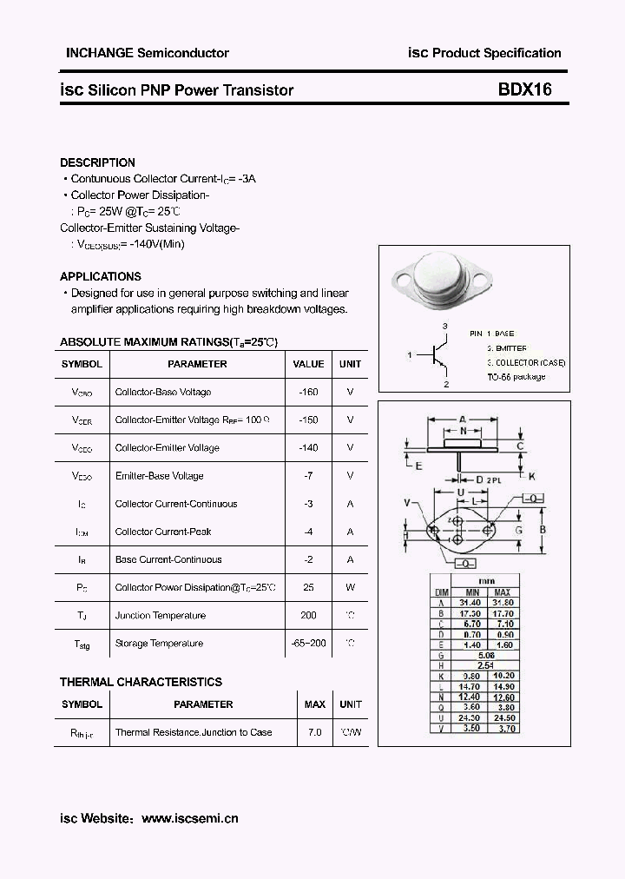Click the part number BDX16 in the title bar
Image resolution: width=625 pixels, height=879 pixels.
pos(525,89)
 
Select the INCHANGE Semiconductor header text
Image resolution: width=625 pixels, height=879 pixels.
pos(148,53)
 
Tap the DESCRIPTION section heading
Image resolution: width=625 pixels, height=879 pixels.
pos(97,162)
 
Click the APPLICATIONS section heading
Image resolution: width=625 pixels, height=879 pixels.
pos(100,276)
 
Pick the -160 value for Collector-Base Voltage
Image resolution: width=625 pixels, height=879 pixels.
pos(308,393)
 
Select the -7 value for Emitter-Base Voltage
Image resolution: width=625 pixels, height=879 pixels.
pos(308,476)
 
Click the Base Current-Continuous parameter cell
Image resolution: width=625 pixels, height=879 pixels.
pos(168,559)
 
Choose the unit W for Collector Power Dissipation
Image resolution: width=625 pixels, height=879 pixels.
pos(350,587)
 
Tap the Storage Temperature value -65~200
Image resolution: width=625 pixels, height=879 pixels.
pos(308,644)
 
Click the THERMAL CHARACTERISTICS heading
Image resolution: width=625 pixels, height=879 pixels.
pos(141,682)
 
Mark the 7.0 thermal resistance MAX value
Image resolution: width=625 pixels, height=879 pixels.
pos(313,732)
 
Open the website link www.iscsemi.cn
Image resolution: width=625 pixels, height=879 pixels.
pos(189,817)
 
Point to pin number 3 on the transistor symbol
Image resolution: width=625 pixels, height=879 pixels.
pos(444,326)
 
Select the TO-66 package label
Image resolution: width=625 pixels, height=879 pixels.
pos(516,377)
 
